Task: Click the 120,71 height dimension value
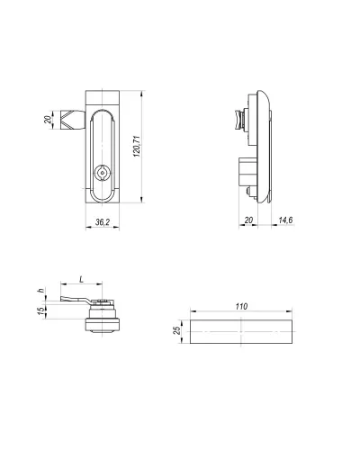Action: pyautogui.click(x=137, y=147)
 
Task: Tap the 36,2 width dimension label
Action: pyautogui.click(x=103, y=222)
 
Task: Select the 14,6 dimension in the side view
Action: pyautogui.click(x=285, y=220)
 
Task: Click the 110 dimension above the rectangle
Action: pyautogui.click(x=241, y=307)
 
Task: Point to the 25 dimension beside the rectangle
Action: pyautogui.click(x=177, y=330)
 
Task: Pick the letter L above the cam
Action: pyautogui.click(x=81, y=280)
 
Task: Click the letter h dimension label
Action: pyautogui.click(x=40, y=291)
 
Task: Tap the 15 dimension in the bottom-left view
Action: pyautogui.click(x=40, y=310)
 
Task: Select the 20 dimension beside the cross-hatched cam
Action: pyautogui.click(x=48, y=120)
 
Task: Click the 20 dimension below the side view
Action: pyautogui.click(x=248, y=220)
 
